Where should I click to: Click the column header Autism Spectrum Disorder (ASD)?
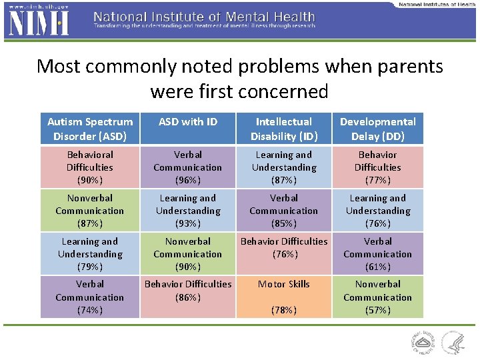[x=90, y=129]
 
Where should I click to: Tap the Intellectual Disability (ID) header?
[x=284, y=129]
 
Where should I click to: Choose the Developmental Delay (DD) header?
[x=377, y=129]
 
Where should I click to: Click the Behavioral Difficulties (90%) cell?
[x=90, y=167]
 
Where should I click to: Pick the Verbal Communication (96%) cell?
[x=188, y=167]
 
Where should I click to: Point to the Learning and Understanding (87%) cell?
[x=284, y=167]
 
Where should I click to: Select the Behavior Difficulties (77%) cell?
[x=377, y=167]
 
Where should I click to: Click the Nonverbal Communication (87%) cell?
[x=90, y=211]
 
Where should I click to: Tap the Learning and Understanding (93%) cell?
[x=188, y=211]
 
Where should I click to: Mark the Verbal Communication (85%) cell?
[x=284, y=211]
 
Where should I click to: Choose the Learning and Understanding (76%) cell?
[x=377, y=211]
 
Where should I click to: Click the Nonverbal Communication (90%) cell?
[x=188, y=254]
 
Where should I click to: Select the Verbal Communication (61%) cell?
[x=377, y=254]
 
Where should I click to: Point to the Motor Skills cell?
[x=284, y=297]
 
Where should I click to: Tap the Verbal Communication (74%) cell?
[x=90, y=297]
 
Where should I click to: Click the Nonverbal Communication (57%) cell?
[x=377, y=297]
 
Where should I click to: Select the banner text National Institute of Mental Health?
[x=204, y=17]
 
